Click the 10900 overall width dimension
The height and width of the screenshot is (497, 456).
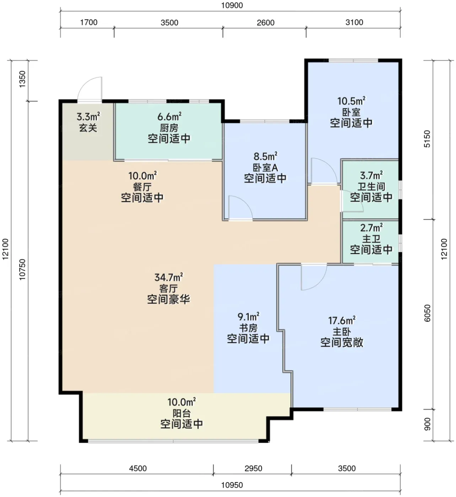coord(232,5)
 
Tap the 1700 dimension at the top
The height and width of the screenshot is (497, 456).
coord(88,22)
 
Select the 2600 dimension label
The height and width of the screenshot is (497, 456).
coord(265,23)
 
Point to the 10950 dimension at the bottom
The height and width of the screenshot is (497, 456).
coord(232,485)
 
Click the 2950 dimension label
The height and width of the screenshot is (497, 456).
coord(253,468)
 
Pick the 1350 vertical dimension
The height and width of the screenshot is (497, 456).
coord(22,79)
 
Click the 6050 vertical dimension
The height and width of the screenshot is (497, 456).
coord(427,313)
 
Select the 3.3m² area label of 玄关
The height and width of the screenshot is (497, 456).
coord(88,116)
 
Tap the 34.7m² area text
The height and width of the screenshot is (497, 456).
coord(169,277)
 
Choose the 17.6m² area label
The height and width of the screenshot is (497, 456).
coord(342,320)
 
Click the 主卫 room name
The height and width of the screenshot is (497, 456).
coord(371,239)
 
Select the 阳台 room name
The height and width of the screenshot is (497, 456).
coord(182,413)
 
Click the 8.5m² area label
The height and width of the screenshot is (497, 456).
coord(265,156)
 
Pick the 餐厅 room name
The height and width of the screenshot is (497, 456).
coord(142,187)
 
